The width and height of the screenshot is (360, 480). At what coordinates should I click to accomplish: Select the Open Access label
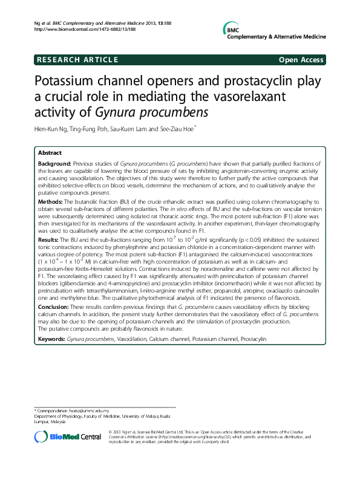(302, 59)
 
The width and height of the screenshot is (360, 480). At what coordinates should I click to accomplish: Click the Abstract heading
(50, 153)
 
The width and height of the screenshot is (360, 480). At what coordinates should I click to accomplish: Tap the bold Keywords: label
(52, 339)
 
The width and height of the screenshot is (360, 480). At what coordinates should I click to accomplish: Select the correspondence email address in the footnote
(92, 411)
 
